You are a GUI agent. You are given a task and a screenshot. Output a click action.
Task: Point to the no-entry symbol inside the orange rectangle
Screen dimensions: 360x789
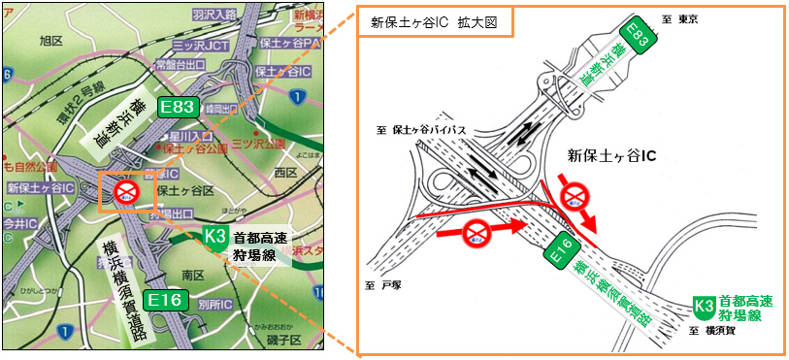pos(127,191)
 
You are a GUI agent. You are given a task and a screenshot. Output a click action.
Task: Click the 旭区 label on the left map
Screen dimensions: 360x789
pos(51,41)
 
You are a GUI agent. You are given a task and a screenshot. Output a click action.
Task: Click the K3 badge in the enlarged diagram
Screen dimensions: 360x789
pos(705,308)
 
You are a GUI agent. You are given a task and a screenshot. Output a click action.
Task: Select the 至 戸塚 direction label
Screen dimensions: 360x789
pos(382,285)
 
